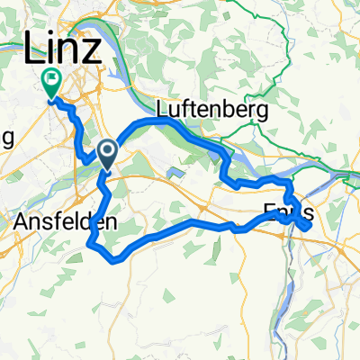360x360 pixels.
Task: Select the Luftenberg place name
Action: pos(212,111)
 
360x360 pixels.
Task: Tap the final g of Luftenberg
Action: pos(265,113)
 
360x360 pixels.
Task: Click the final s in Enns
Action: pos(309,214)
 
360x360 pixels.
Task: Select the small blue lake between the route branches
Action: pos(174,171)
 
